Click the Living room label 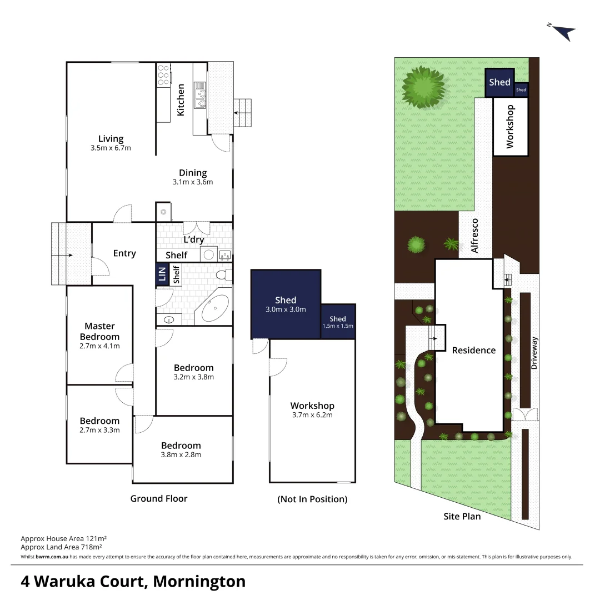pos(111,139)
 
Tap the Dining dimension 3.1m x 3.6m pos(193,182)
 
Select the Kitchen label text pos(181,100)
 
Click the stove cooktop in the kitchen pos(163,75)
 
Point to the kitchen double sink pos(200,95)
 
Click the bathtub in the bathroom pos(215,308)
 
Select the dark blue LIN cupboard pos(162,276)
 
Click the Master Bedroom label pos(99,331)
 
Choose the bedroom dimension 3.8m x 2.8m pos(181,454)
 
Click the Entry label pos(124,253)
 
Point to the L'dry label pos(194,240)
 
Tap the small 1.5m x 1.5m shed pos(338,322)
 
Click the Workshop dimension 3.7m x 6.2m pos(312,415)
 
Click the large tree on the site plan pos(424,87)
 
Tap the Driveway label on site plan pos(534,354)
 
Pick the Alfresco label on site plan pos(474,236)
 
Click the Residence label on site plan pos(473,350)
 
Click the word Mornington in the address pos(199,582)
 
